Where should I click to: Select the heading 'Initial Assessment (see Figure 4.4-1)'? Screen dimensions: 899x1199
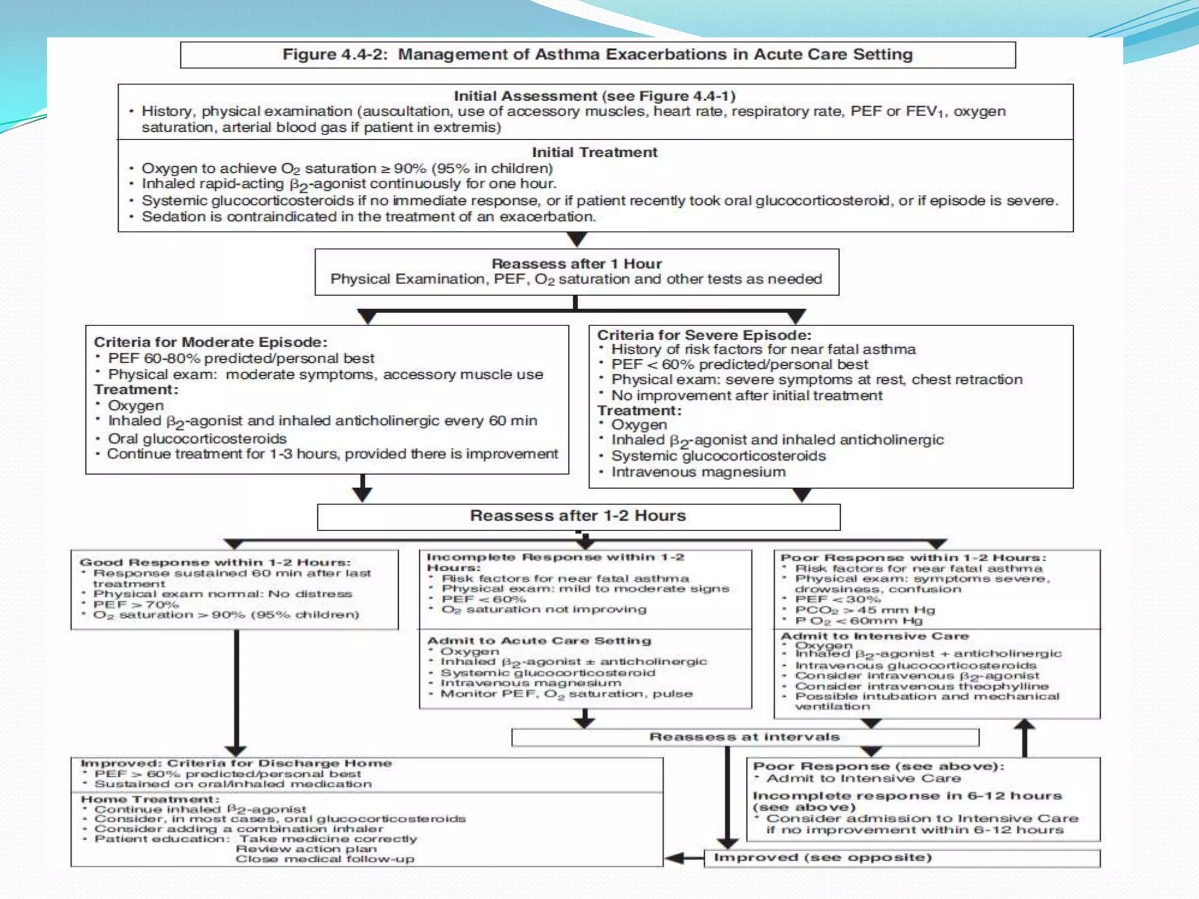click(x=594, y=96)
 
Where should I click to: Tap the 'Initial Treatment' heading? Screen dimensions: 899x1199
click(x=594, y=152)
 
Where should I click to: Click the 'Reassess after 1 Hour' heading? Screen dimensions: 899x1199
click(x=577, y=263)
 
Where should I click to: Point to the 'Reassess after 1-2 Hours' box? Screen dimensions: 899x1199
click(x=578, y=516)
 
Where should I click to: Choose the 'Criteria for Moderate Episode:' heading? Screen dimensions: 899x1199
click(x=211, y=342)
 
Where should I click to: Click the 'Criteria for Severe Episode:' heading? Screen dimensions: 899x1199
click(x=704, y=335)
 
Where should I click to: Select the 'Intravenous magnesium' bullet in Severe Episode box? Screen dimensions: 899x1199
click(x=698, y=472)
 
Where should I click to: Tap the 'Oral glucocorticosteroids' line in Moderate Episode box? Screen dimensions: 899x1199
click(x=197, y=438)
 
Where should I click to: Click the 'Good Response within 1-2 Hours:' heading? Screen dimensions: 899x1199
click(x=215, y=562)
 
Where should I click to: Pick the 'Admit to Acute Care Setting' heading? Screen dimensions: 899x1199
click(x=539, y=640)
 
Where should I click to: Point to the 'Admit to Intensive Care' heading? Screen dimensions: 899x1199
click(x=875, y=636)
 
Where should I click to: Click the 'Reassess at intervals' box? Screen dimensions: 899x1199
click(x=744, y=737)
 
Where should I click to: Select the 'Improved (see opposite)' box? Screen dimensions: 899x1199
click(x=822, y=857)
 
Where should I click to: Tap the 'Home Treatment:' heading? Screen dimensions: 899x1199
click(x=150, y=800)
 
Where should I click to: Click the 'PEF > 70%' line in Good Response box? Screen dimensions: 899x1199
click(x=136, y=604)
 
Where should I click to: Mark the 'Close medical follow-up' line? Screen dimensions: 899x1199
click(x=325, y=859)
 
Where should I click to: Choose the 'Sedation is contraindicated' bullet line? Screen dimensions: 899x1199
click(x=368, y=217)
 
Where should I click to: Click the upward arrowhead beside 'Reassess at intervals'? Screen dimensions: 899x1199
click(x=1025, y=726)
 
